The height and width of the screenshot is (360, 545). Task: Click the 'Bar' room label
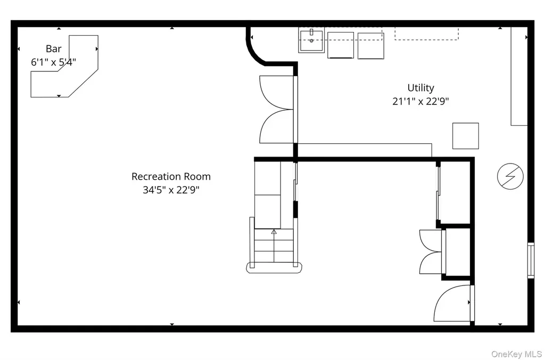54,48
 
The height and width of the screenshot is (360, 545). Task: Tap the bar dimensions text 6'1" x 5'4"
54,62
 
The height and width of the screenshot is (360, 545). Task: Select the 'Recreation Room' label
171,176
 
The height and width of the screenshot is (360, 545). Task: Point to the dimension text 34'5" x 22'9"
171,190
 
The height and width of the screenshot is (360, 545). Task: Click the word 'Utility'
420,88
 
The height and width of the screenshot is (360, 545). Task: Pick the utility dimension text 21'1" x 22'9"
420,101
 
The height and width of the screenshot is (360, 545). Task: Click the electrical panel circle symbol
510,176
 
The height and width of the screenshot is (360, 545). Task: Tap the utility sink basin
311,40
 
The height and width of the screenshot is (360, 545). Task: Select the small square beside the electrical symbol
465,136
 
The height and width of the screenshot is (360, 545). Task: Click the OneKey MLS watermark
516,354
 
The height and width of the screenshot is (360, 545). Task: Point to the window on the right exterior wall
531,260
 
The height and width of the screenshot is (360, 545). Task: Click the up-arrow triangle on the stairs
274,231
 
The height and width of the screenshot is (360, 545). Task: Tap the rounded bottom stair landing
274,267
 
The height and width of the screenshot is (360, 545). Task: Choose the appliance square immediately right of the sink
341,45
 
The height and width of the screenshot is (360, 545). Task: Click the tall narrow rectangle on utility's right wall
519,76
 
